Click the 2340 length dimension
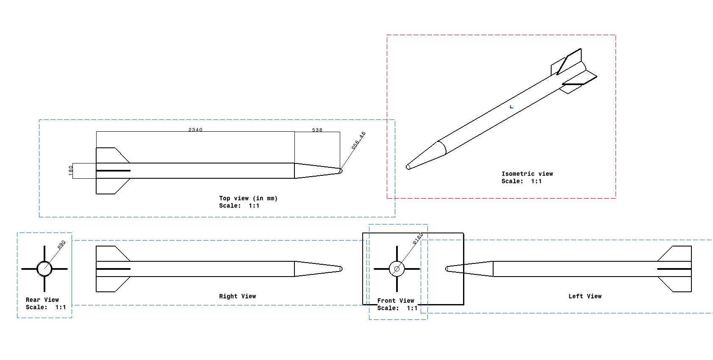pos(195,130)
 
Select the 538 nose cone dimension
pos(317,130)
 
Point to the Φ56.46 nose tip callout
pos(358,140)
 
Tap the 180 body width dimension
pos(71,171)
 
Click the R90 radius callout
pos(61,244)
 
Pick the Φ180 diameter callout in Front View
pos(418,238)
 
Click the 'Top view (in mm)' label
pos(248,198)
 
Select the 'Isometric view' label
pos(527,174)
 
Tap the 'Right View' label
pos(237,296)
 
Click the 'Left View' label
pos(585,296)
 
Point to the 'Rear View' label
pos(42,300)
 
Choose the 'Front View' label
pos(396,301)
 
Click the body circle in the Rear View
pos(44,261)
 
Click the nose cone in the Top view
pos(317,171)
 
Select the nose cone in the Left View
pos(469,269)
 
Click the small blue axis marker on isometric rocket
pos(511,107)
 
